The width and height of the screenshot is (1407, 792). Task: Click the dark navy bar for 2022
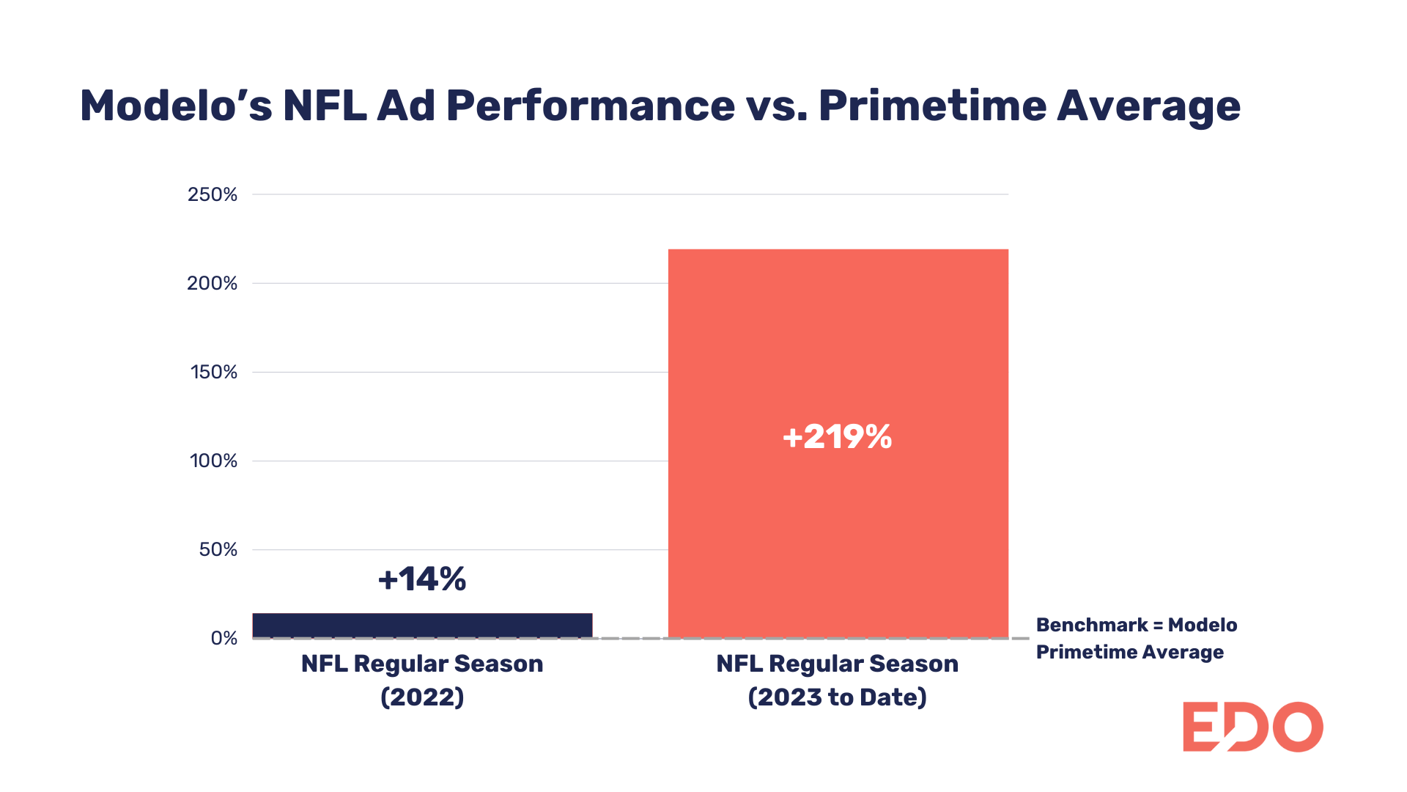point(422,626)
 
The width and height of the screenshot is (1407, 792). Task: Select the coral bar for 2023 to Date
point(838,513)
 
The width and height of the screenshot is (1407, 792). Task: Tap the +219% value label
point(837,437)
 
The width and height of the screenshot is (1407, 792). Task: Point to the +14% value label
point(422,579)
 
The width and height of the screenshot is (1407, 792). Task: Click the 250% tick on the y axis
point(213,194)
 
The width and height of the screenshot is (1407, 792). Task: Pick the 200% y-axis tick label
point(213,283)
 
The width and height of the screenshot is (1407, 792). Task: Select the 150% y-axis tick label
point(214,372)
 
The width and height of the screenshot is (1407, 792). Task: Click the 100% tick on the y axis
point(213,461)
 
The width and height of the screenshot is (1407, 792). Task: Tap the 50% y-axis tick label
point(218,549)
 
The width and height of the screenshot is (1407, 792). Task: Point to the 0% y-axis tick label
point(224,638)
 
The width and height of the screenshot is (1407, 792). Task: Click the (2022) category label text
point(422,697)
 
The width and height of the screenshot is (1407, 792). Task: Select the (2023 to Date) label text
point(837,697)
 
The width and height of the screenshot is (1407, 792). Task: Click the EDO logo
point(1252,727)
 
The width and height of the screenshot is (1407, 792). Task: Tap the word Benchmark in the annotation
point(1091,625)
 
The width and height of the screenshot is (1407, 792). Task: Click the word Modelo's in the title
point(176,106)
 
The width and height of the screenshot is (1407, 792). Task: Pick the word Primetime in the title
point(931,106)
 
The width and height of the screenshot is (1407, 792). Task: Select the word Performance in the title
point(590,106)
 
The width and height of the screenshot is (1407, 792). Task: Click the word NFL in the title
point(325,106)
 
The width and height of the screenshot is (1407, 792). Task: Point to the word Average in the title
point(1148,106)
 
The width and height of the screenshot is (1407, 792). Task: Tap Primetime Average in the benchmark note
point(1129,652)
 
